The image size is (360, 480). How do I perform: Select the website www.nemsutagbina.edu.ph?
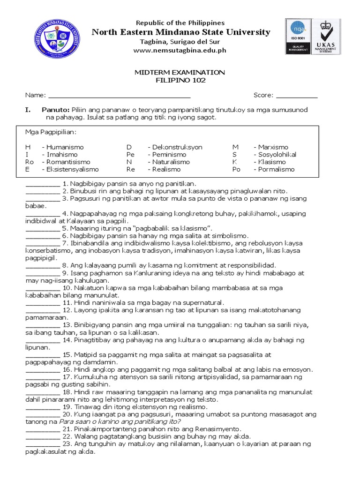pos(180,50)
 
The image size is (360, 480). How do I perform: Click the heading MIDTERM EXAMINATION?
pos(180,72)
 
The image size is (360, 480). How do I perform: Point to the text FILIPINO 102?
pos(180,80)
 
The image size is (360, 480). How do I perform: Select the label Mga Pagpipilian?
pos(51,132)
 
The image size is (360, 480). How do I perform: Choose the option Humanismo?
pos(64,147)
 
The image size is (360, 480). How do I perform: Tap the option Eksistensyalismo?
pos(72,169)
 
